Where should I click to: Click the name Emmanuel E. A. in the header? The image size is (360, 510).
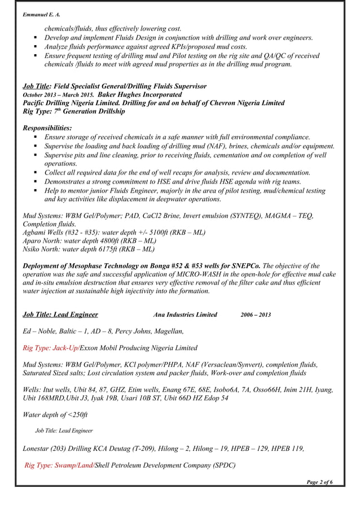coord(41,14)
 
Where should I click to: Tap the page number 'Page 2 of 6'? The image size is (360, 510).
coord(319,481)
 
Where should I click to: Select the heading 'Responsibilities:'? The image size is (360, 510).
coord(47,128)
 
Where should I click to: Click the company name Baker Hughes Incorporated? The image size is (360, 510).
coord(132,94)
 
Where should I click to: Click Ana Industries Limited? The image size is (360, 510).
coord(185,315)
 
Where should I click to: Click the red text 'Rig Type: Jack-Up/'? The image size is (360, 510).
coord(51,348)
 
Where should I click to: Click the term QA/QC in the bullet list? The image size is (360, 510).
coord(275,56)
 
